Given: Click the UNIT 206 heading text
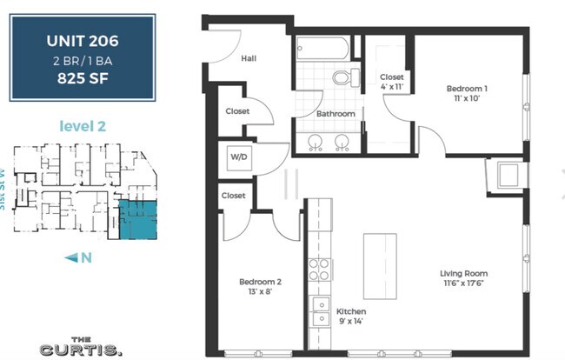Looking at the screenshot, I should [83, 40].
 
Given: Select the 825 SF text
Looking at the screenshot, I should [83, 77].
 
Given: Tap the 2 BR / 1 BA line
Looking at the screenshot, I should [83, 58].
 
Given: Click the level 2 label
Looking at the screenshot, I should [82, 126].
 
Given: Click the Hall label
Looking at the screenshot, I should [248, 59].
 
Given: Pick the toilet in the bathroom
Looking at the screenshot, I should [342, 77].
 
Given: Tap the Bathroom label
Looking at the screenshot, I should [335, 114].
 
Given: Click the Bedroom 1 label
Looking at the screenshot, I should [467, 89].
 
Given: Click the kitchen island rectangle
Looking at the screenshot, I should [379, 266].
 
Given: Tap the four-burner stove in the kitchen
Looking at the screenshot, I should [319, 269].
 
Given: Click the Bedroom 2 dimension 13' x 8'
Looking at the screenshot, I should [260, 292].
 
